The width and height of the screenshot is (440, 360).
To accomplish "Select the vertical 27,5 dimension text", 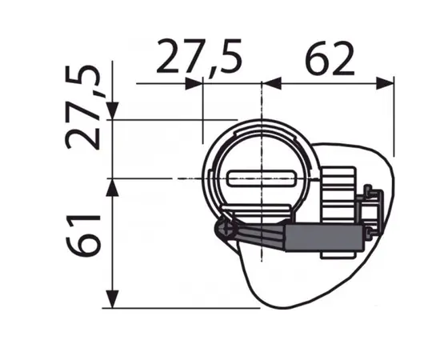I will [85, 109].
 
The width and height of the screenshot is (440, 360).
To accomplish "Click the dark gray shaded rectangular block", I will [321, 236].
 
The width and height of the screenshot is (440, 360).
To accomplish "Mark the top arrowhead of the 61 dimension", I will [113, 186].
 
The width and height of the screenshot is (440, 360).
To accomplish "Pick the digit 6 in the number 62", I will [316, 58].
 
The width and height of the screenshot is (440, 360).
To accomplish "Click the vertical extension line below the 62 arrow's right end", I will [394, 120].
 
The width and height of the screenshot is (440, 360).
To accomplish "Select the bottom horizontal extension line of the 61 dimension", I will [184, 307].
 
